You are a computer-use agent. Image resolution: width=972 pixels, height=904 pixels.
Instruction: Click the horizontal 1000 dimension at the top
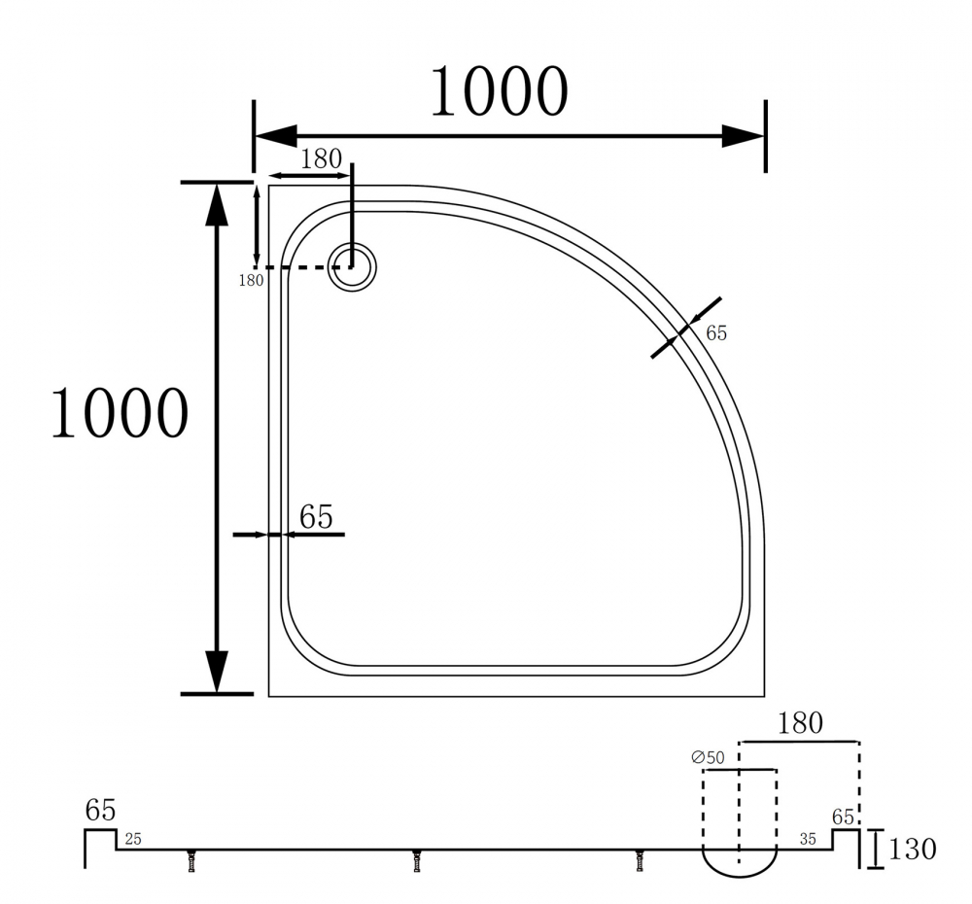(499, 91)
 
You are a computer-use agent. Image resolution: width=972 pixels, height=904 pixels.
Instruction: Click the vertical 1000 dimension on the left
(119, 412)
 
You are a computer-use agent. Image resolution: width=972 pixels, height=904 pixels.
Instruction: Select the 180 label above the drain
(321, 159)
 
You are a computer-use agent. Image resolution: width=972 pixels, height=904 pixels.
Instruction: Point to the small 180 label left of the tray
(251, 280)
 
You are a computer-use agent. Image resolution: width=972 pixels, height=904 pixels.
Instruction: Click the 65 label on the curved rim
(716, 333)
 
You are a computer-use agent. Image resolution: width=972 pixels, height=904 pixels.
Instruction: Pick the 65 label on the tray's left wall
(316, 516)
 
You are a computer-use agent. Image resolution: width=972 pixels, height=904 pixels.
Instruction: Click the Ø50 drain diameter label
(708, 757)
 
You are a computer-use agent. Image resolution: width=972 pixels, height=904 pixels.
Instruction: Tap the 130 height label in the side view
(913, 849)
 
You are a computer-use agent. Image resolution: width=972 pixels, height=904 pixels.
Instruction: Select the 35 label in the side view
(808, 840)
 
